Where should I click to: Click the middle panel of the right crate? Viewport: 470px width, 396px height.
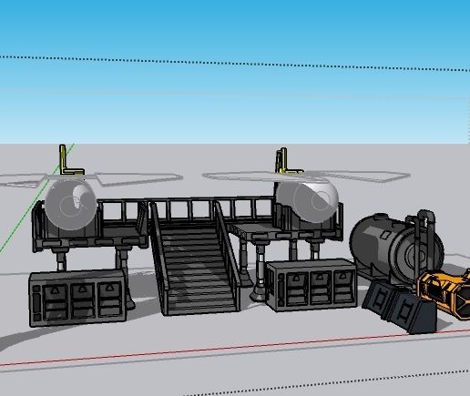click(x=318, y=288)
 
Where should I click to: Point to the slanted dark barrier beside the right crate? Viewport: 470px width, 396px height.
click(x=378, y=296)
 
